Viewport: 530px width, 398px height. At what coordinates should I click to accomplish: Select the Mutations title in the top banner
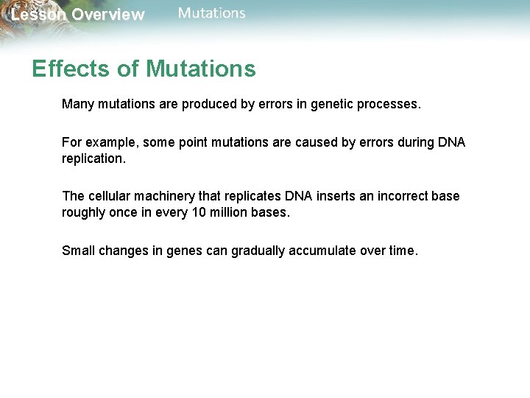pyautogui.click(x=212, y=13)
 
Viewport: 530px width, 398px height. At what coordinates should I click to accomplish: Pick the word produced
pyautogui.click(x=207, y=105)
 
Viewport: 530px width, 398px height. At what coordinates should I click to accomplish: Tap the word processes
pyautogui.click(x=393, y=105)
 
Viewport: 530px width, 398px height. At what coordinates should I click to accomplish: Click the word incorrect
pyautogui.click(x=402, y=196)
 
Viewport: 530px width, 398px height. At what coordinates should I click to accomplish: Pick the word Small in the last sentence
pyautogui.click(x=78, y=251)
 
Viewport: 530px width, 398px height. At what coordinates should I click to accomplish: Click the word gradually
pyautogui.click(x=258, y=251)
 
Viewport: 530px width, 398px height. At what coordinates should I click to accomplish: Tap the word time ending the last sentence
pyautogui.click(x=402, y=251)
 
